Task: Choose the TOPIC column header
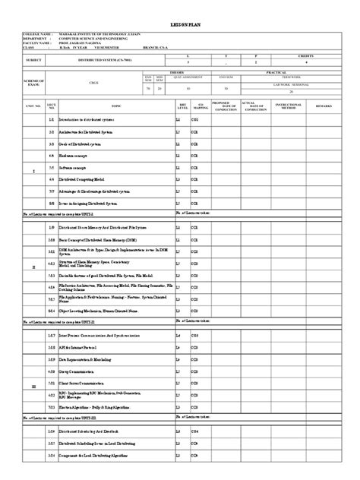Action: pos(115,106)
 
